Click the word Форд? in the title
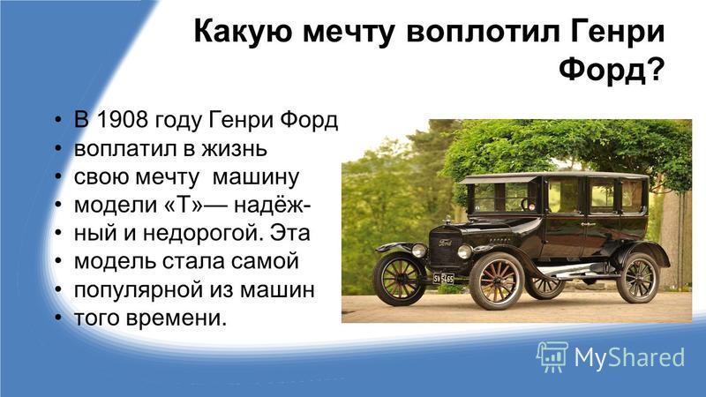pyautogui.click(x=612, y=71)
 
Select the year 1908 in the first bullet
pyautogui.click(x=122, y=120)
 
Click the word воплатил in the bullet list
pyautogui.click(x=125, y=148)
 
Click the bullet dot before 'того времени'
pyautogui.click(x=57, y=318)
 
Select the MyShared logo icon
pyautogui.click(x=552, y=356)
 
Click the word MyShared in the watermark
pyautogui.click(x=629, y=357)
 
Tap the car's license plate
pyautogui.click(x=444, y=278)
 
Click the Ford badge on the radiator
pyautogui.click(x=446, y=243)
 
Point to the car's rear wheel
pyautogui.click(x=638, y=278)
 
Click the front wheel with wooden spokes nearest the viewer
pyautogui.click(x=497, y=281)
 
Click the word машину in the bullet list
pyautogui.click(x=255, y=177)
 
